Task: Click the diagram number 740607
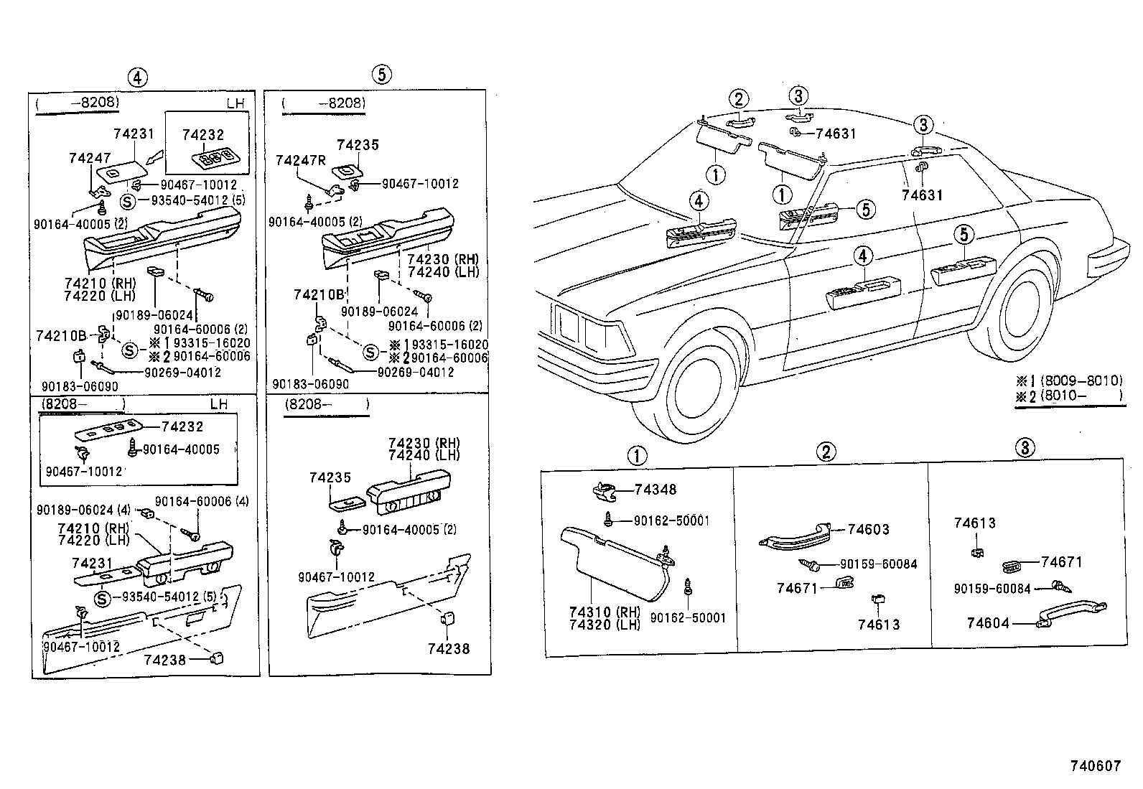(x=1096, y=766)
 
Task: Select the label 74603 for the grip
(x=868, y=530)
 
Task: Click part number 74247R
(x=300, y=161)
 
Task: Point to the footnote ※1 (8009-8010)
(x=1070, y=381)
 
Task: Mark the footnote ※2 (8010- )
(x=1070, y=396)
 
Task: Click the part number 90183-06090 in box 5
(x=310, y=385)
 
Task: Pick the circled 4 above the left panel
(x=137, y=77)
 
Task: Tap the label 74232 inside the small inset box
(x=202, y=134)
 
